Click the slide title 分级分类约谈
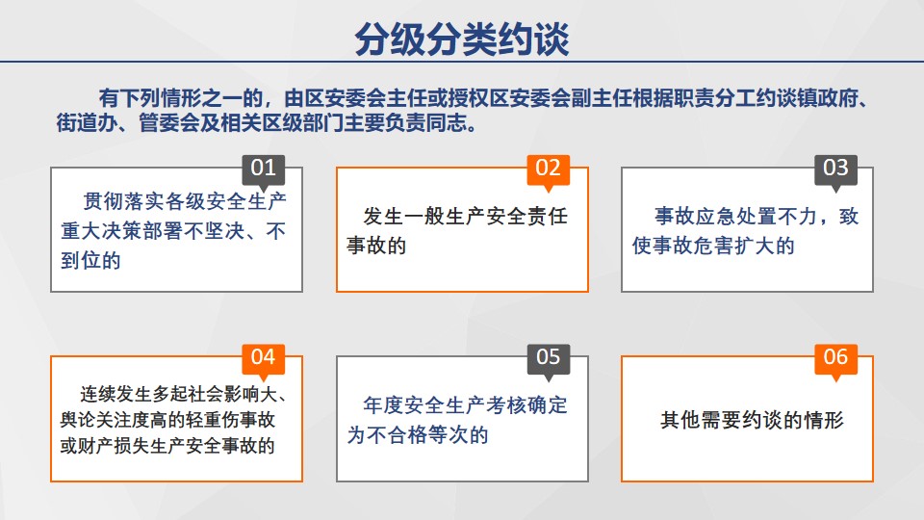tap(461, 39)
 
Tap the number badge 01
tap(264, 169)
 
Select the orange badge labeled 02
tap(548, 169)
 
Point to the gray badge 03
tap(835, 169)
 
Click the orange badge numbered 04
tap(264, 358)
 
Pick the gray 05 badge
tap(548, 358)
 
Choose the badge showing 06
tap(835, 358)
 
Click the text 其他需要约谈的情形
tap(752, 420)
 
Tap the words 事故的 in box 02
tap(376, 246)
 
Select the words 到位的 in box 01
tap(90, 260)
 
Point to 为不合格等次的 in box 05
tap(418, 435)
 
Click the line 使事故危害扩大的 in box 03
tap(713, 246)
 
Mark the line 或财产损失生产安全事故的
tap(167, 446)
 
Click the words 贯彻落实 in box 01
tap(123, 201)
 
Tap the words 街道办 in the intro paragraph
tap(87, 123)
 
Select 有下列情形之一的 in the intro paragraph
tap(180, 98)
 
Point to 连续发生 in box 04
tap(115, 393)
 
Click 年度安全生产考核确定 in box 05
tap(466, 405)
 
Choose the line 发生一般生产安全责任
tap(466, 216)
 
